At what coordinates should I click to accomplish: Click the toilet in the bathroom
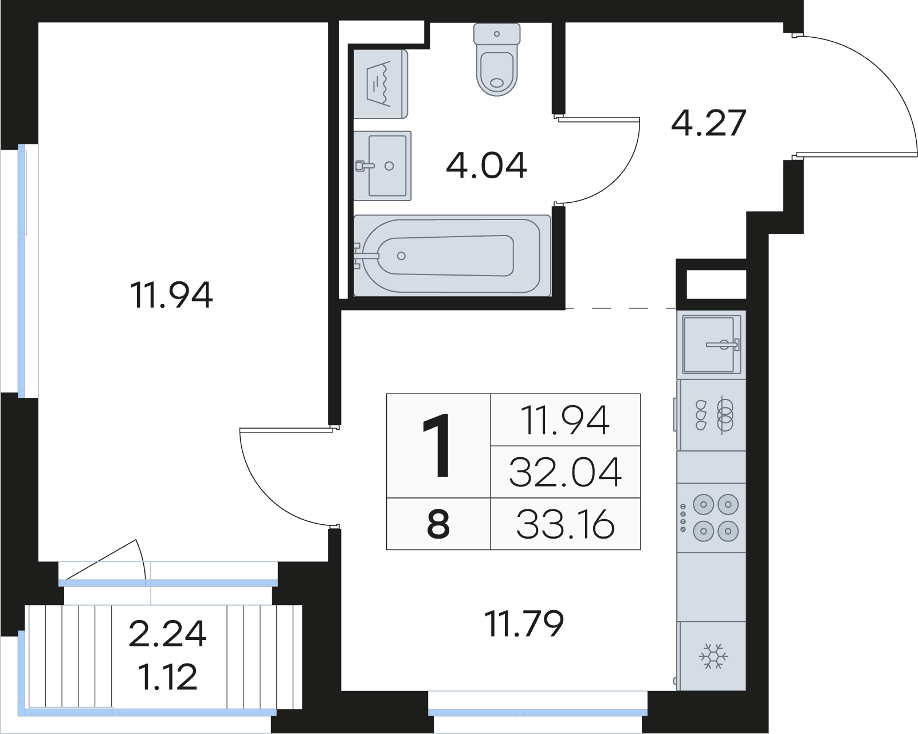point(497,59)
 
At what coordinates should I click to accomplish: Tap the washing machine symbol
point(380,84)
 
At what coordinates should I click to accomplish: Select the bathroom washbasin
point(383,166)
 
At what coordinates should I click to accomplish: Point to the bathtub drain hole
point(401,256)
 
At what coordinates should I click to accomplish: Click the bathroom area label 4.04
point(487,166)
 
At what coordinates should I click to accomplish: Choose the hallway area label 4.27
point(708,123)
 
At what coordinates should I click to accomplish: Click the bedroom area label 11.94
point(171,295)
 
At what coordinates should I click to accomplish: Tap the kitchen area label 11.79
point(524,623)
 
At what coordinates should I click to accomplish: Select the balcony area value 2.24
point(167,634)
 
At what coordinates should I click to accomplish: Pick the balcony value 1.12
point(168,677)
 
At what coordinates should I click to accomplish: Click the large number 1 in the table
point(437,446)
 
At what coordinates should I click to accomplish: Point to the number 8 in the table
point(438,524)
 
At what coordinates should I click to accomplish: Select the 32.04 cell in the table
point(566,472)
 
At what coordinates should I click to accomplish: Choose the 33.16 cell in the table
point(566,524)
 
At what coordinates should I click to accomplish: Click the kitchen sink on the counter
point(712,344)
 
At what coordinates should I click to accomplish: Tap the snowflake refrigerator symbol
point(713,656)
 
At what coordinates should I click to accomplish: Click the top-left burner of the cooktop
point(704,505)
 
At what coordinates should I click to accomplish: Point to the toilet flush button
point(497,34)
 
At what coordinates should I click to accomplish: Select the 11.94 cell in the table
point(566,419)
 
